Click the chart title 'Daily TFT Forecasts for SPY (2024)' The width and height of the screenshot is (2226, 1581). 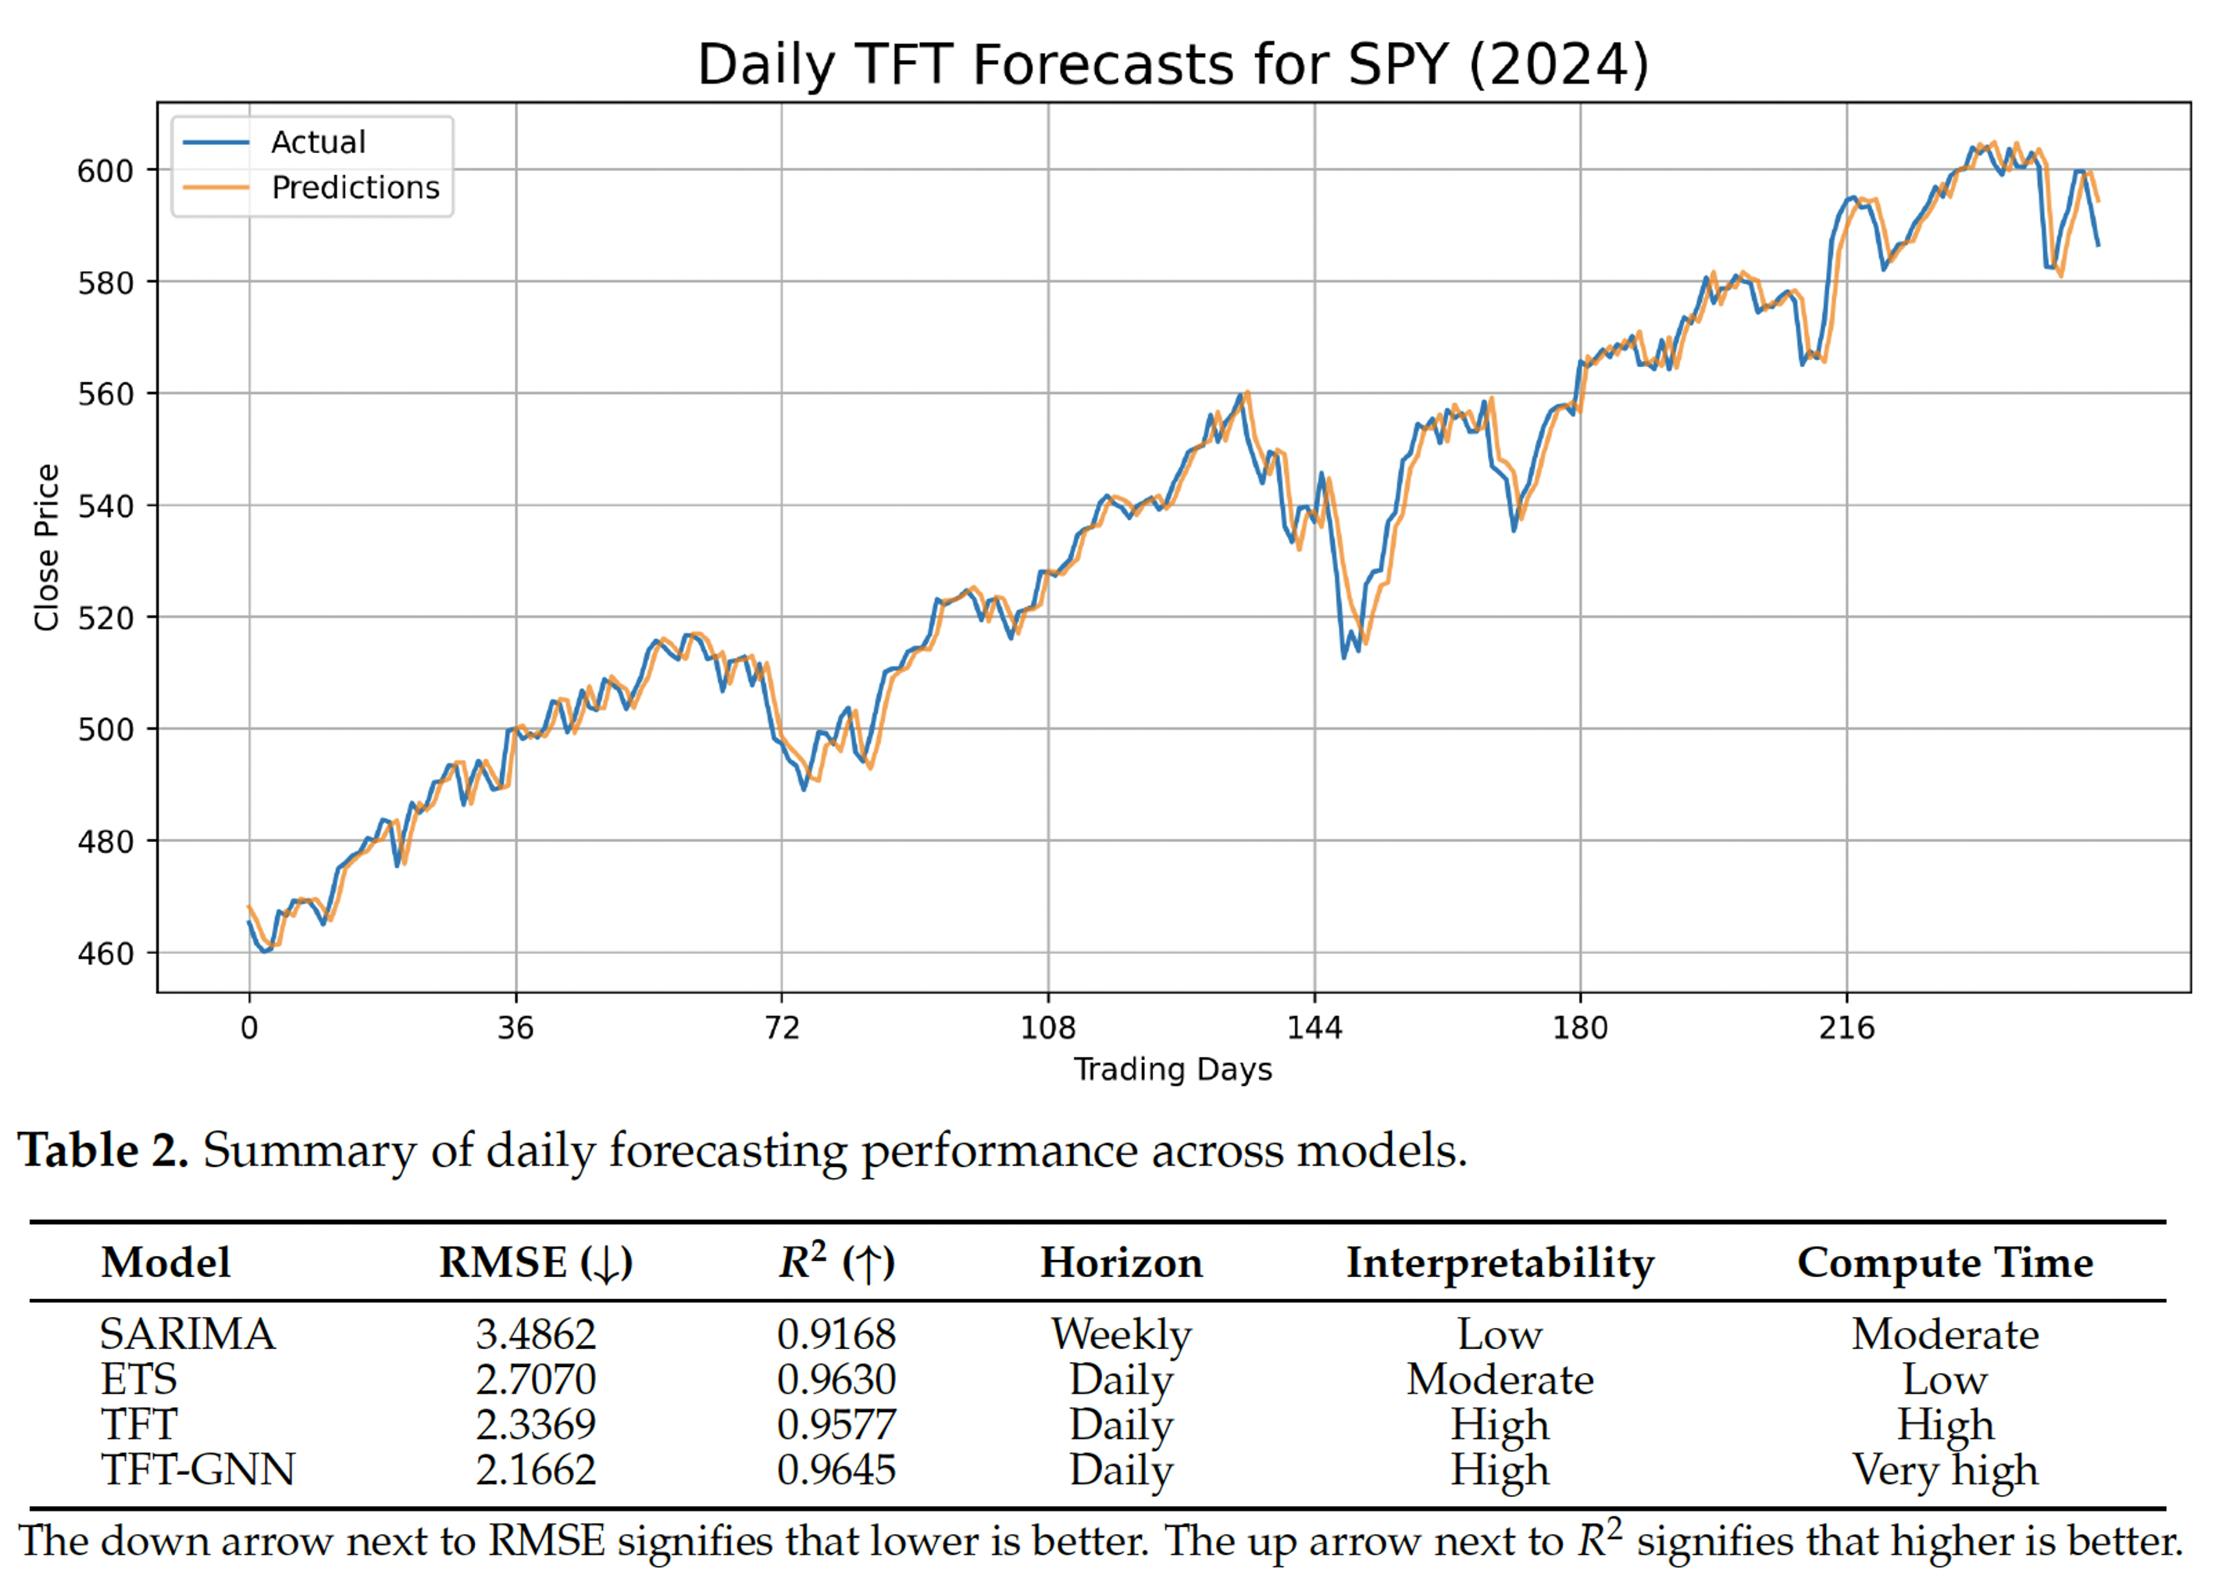(1173, 66)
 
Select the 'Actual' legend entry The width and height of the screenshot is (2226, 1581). (317, 142)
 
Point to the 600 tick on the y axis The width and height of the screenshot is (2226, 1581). (105, 171)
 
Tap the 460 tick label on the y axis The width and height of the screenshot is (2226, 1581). (105, 953)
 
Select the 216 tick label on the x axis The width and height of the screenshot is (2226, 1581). (1846, 1028)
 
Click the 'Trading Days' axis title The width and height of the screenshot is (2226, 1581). (1173, 1070)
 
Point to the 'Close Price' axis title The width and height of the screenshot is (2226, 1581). (47, 547)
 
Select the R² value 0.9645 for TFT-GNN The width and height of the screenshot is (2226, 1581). (836, 1470)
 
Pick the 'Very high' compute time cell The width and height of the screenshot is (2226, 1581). (1945, 1470)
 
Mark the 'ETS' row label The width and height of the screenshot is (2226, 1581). (139, 1379)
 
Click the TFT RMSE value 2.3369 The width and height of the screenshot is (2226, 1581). (535, 1426)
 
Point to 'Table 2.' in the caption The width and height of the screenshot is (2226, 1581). (103, 1151)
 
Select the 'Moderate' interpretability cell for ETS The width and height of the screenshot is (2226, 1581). (1500, 1379)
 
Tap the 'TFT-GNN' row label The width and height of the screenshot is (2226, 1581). (198, 1470)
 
